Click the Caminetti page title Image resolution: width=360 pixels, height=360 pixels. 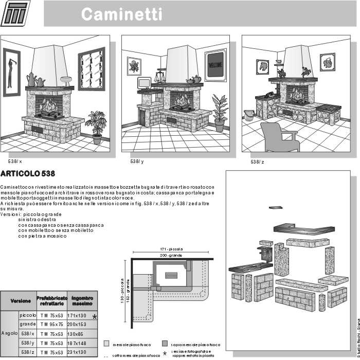coord(121,14)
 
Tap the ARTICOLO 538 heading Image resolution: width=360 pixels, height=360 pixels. coord(28,173)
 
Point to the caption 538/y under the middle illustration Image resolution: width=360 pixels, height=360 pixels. coord(137,161)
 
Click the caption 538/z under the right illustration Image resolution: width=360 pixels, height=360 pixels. coord(257,161)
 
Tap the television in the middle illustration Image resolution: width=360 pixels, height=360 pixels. coord(144,83)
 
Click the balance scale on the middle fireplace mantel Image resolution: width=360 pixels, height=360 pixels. coord(160,77)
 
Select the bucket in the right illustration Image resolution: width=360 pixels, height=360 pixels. coord(249,115)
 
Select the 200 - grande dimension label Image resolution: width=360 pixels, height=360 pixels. coord(171,256)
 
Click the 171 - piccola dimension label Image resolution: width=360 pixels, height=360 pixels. coord(171,249)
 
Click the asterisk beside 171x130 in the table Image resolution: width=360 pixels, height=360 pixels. coord(94,316)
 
